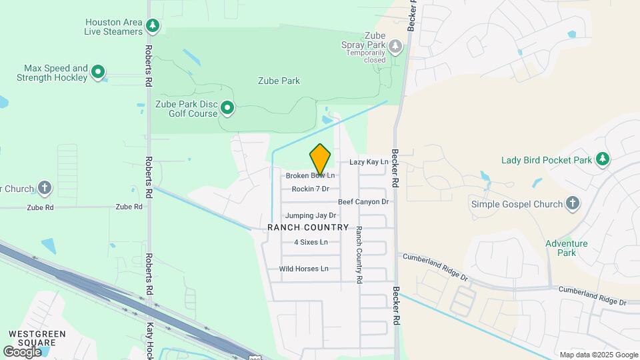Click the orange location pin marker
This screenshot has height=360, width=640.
[x=320, y=159]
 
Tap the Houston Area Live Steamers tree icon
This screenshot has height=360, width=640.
[x=153, y=26]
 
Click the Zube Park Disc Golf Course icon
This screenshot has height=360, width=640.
[x=227, y=108]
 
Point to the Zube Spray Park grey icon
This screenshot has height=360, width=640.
[x=396, y=45]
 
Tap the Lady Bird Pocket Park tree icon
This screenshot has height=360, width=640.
[x=603, y=159]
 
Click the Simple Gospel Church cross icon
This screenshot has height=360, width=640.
[x=573, y=204]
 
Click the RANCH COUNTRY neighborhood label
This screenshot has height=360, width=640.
[x=308, y=227]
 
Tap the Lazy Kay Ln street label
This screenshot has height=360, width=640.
[x=369, y=162]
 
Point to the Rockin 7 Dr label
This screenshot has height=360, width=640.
[x=311, y=189]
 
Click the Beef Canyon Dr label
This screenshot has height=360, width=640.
[x=363, y=201]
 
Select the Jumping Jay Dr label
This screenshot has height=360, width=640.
[x=311, y=215]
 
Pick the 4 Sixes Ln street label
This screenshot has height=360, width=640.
[x=305, y=242]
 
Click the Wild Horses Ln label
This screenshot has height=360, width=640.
[x=304, y=269]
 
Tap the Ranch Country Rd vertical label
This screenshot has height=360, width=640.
[x=359, y=255]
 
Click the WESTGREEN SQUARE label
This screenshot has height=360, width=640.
[x=31, y=337]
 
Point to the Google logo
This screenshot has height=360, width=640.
[x=22, y=351]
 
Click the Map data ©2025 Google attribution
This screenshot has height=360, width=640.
[x=598, y=355]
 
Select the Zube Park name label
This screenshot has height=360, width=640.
[x=279, y=81]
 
